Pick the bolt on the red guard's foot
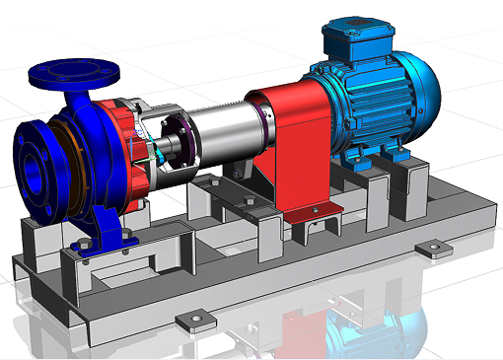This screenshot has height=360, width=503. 315,209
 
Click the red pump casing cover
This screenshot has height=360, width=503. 123,148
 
